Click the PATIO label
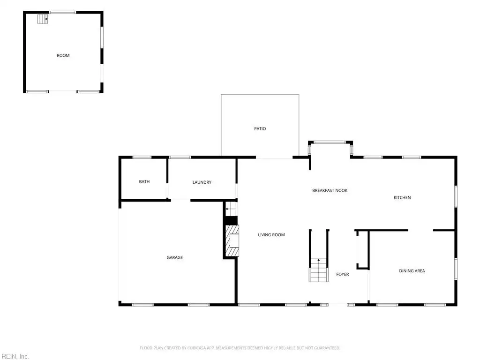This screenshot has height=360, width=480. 260,128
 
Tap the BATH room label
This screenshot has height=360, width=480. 144,181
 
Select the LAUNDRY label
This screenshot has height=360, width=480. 202,182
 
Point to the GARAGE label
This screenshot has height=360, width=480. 174,257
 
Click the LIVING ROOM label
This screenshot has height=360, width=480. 271,235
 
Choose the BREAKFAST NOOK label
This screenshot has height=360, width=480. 330,190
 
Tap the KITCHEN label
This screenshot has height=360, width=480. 402,197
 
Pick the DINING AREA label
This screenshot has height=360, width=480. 412,270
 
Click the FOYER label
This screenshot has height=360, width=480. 342,274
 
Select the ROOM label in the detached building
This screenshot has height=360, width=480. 63,55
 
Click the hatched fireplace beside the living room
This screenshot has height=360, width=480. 232,240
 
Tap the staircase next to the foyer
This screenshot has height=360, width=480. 318,270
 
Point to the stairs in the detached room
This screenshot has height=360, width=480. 43,19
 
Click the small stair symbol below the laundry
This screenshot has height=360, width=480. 232,209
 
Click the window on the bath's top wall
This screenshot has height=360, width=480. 142,157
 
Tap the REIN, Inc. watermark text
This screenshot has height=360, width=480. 15,356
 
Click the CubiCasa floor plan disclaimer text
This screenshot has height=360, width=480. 240,348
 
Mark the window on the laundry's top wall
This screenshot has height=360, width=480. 180,157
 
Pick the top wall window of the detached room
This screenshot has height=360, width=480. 63,13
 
